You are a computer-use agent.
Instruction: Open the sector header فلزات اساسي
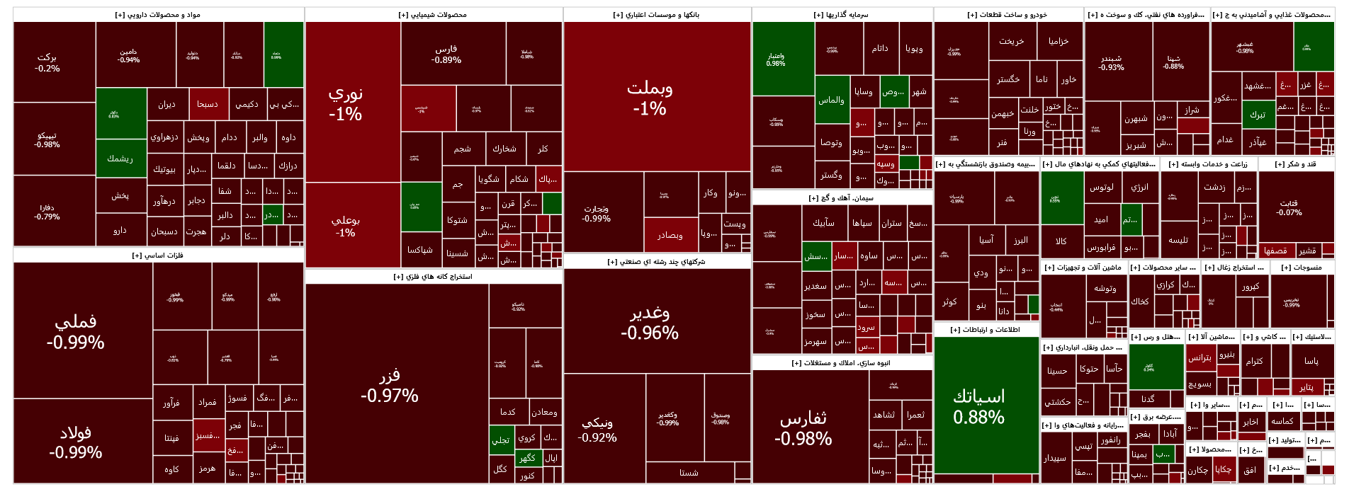[158, 255]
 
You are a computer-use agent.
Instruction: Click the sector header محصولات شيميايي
[433, 15]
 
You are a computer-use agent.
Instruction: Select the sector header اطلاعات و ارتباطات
[986, 330]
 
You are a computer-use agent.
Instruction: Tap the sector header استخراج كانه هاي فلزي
[433, 277]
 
